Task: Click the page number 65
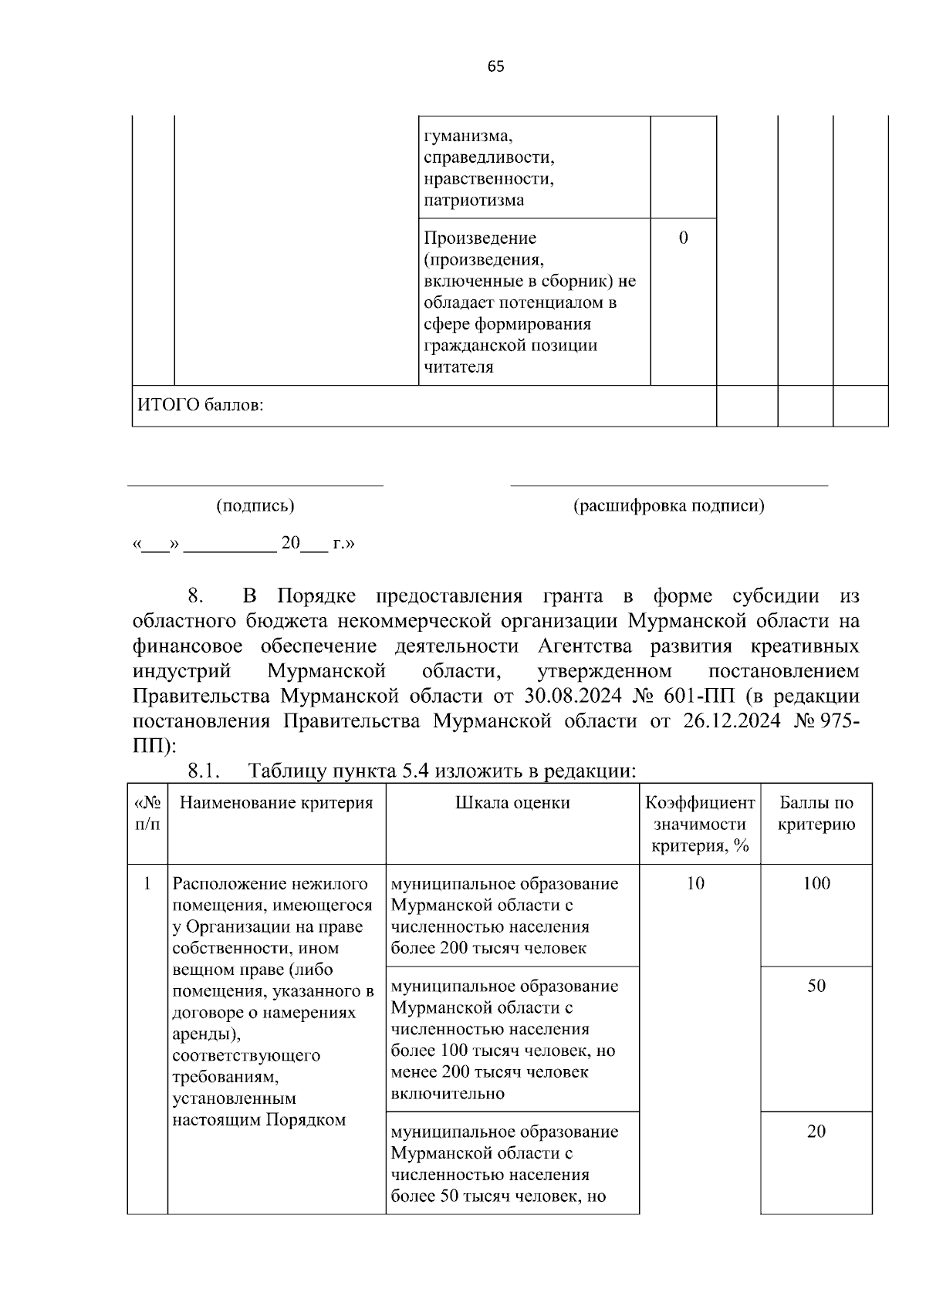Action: click(495, 66)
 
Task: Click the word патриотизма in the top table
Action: click(473, 201)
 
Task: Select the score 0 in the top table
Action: click(683, 238)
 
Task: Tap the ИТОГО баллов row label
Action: click(201, 405)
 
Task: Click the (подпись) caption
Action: click(255, 506)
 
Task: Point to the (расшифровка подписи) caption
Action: click(668, 506)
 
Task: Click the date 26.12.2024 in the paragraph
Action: click(731, 721)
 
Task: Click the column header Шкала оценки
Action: click(512, 803)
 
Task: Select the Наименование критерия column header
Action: click(276, 803)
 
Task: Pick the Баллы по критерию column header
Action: click(816, 814)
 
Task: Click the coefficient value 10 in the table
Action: click(695, 884)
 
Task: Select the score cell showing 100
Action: click(816, 884)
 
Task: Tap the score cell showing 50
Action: click(816, 986)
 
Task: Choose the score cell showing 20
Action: click(816, 1132)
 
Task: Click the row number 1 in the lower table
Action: click(147, 884)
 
